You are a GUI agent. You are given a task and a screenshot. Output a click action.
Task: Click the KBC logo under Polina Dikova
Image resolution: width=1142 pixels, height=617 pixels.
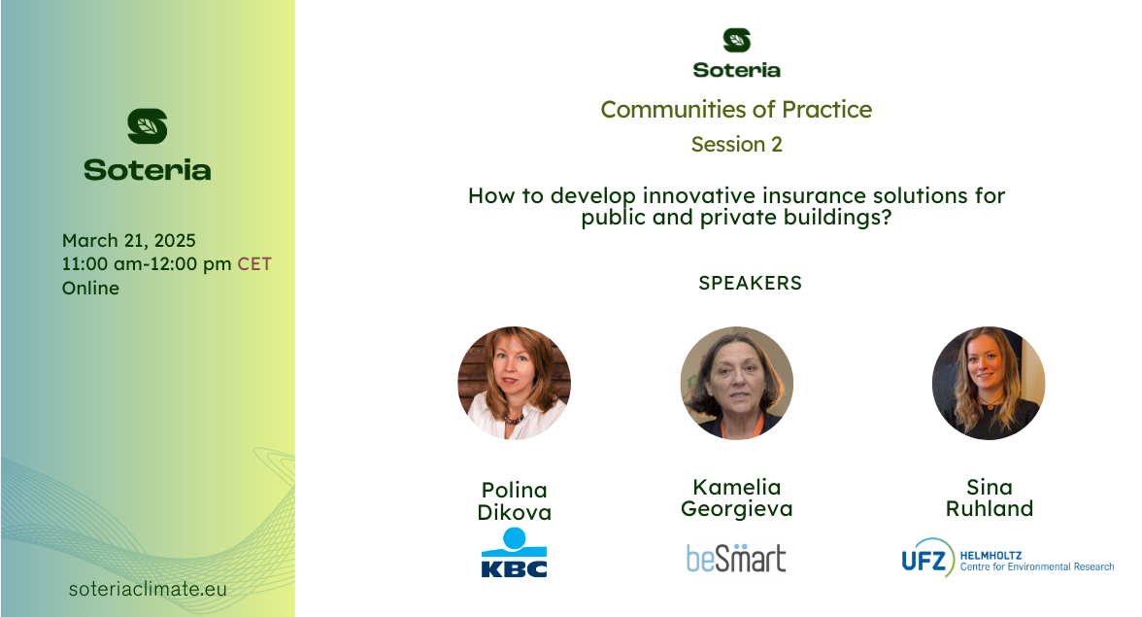click(515, 552)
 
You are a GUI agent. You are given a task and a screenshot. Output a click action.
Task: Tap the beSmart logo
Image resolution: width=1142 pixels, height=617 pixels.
click(736, 558)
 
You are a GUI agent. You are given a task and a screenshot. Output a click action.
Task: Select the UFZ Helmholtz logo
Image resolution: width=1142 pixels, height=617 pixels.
click(1007, 558)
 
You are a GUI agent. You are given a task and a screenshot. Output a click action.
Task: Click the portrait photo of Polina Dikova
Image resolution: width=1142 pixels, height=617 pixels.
click(515, 383)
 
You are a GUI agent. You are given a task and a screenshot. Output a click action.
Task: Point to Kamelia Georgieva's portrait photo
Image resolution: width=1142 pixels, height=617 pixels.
click(736, 383)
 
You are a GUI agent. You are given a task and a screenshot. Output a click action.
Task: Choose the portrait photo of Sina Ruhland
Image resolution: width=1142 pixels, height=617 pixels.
click(989, 383)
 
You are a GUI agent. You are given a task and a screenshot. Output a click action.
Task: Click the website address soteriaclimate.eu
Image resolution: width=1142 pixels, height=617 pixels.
click(148, 589)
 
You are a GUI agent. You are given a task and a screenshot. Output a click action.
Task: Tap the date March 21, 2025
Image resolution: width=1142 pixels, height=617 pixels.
click(129, 240)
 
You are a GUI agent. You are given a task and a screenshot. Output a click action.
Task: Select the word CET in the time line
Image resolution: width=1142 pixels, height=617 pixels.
click(254, 263)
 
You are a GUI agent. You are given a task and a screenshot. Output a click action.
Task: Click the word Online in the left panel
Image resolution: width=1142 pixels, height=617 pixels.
click(90, 288)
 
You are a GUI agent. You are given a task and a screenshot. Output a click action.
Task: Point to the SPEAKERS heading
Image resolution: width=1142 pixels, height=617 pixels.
click(750, 283)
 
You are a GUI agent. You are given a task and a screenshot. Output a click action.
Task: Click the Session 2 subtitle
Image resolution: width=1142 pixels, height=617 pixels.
click(736, 144)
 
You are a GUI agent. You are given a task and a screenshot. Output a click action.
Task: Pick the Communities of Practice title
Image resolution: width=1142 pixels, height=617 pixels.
click(736, 109)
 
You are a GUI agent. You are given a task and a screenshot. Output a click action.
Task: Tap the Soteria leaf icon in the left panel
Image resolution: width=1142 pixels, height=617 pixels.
click(148, 126)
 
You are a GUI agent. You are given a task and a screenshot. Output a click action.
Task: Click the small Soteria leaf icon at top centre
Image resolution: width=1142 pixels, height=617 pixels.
click(736, 40)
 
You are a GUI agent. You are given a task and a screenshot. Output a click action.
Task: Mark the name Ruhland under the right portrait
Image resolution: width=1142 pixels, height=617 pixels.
click(989, 508)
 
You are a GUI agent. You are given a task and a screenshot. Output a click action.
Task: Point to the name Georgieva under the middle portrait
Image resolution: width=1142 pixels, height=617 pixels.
click(736, 509)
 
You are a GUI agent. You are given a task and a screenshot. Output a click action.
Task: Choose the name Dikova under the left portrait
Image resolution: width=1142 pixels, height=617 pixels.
click(515, 512)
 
